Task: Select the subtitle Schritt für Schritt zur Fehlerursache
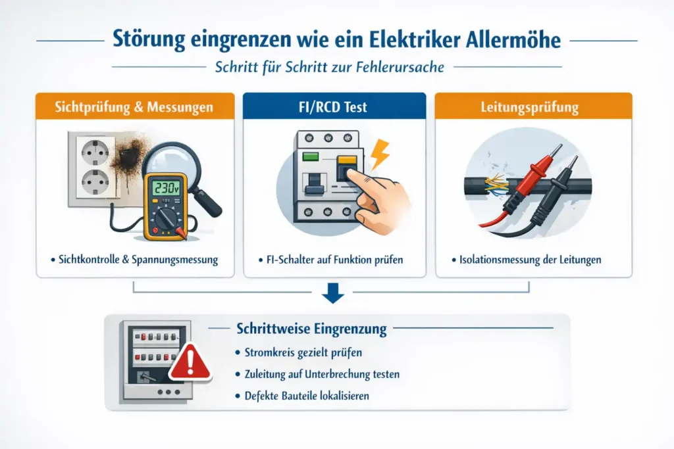pyautogui.click(x=336, y=66)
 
